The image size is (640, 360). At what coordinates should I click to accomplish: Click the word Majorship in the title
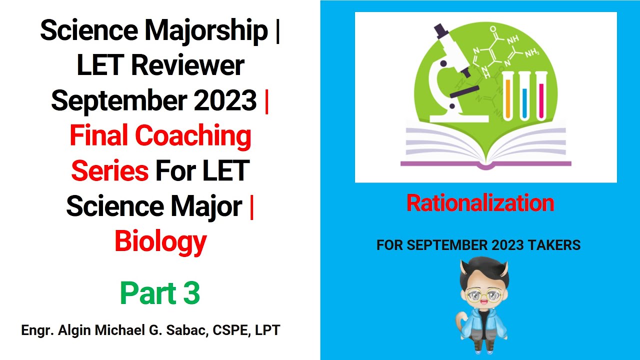click(205, 31)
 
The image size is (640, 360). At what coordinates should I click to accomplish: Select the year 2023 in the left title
click(225, 100)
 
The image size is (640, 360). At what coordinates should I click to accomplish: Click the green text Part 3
click(160, 293)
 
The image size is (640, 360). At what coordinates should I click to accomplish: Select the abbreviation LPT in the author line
click(267, 330)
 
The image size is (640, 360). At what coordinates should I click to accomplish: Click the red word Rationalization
click(480, 203)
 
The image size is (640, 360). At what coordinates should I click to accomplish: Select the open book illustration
click(485, 145)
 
